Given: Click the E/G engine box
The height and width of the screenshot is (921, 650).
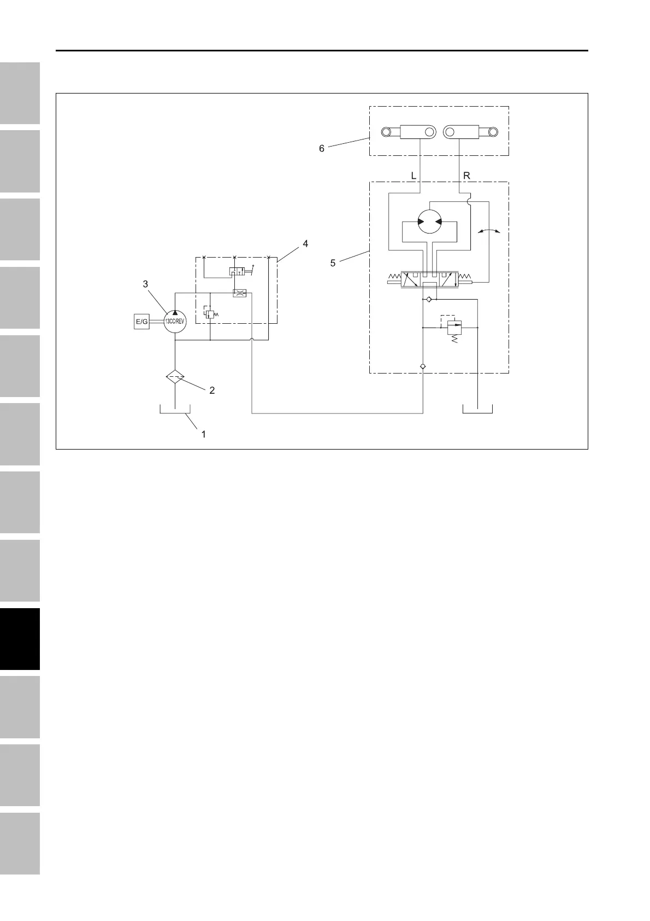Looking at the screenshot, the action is point(141,322).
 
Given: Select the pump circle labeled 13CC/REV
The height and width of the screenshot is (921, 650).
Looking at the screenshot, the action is point(175,322).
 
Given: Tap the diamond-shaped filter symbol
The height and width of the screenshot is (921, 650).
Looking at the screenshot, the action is point(175,377).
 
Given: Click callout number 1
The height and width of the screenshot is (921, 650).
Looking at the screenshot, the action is point(203,434).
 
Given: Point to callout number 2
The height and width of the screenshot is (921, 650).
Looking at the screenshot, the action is point(212,390).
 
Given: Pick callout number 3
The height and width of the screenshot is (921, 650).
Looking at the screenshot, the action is point(145,284).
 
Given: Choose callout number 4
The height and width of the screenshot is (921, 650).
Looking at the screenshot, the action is point(305,244).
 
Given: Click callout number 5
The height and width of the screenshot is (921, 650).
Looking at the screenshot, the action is point(333,263).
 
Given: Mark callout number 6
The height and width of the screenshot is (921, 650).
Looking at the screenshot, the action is point(322,148).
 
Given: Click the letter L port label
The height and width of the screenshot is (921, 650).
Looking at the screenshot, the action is point(413,176).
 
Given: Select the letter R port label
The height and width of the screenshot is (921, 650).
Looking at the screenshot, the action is point(466,176).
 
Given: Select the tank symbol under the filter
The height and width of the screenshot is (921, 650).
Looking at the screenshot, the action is point(175,410).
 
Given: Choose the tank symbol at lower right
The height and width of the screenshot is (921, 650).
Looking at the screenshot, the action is point(477,410).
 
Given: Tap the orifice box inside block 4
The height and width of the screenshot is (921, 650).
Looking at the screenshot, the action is point(239,293).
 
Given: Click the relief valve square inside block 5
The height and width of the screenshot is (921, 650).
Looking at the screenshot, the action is point(454,328).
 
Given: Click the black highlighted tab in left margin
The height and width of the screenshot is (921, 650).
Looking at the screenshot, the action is point(20,639).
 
